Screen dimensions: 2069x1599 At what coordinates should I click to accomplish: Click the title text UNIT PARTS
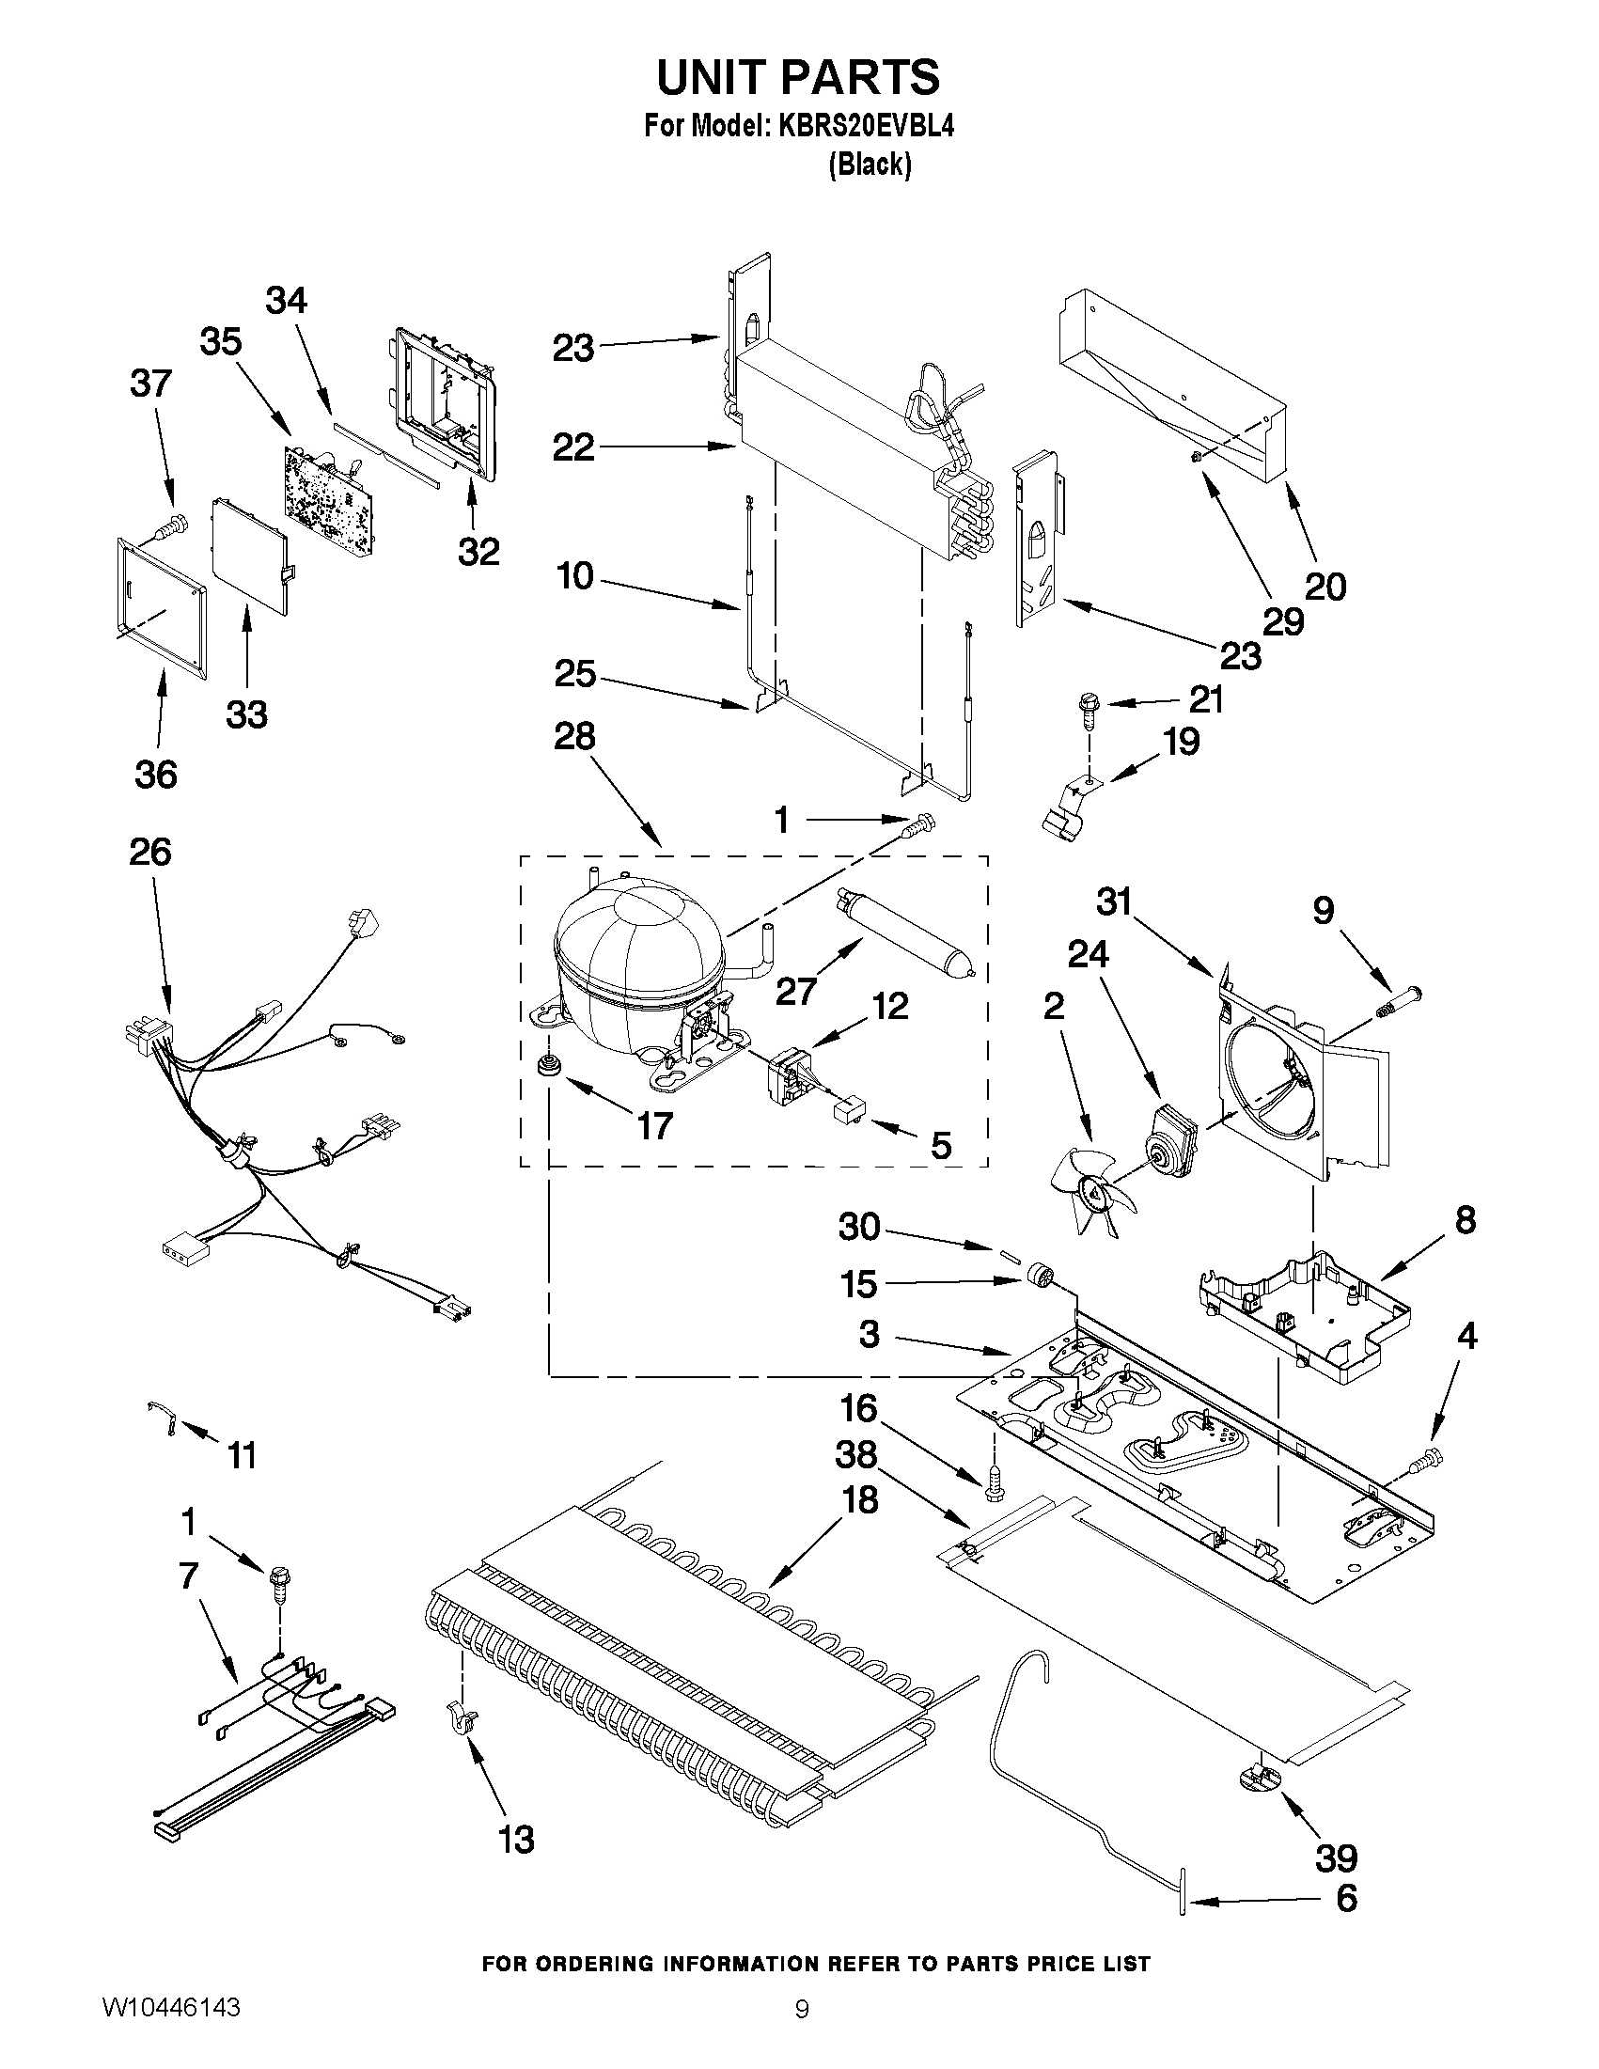click(x=798, y=77)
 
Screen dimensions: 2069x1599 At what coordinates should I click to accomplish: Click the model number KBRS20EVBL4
click(x=866, y=127)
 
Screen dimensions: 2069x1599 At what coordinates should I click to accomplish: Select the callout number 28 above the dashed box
click(x=574, y=736)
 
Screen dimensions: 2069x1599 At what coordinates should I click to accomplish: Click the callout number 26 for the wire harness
click(x=150, y=853)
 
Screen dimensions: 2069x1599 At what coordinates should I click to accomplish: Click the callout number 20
click(x=1325, y=588)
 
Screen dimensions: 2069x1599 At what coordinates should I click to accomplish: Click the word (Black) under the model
click(x=870, y=165)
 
